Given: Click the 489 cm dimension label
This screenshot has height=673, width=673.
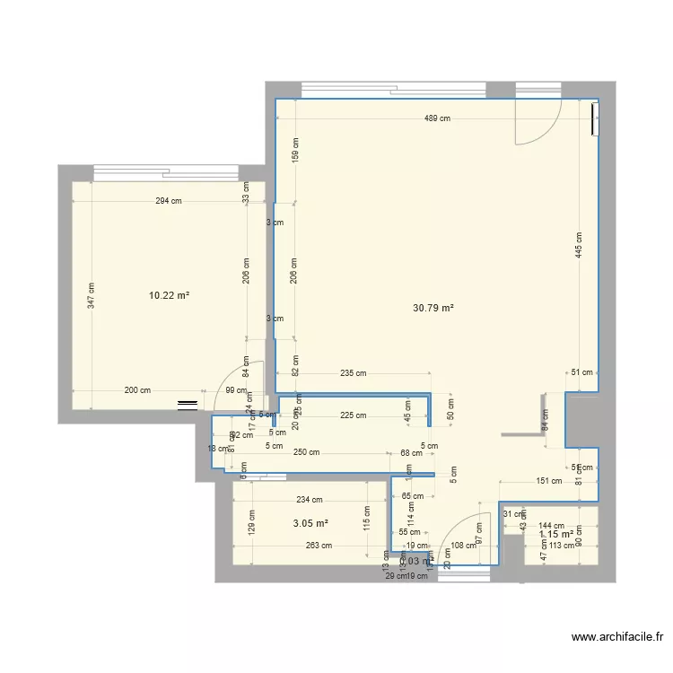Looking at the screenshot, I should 437,118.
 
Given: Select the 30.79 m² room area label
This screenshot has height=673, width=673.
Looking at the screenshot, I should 433,308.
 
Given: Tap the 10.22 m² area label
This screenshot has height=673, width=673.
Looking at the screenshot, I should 169,294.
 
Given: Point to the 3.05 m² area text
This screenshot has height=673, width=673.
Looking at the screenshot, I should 310,523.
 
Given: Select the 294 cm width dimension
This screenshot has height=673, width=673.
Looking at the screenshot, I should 169,201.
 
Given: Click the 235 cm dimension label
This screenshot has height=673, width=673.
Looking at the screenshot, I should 353,373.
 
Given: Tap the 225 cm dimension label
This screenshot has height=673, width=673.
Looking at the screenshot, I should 353,415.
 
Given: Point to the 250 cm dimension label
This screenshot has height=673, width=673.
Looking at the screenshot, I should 306,452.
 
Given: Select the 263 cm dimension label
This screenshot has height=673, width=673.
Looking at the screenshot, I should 318,545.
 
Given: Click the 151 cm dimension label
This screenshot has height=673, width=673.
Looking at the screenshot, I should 548,481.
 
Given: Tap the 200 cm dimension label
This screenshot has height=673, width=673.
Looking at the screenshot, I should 137,390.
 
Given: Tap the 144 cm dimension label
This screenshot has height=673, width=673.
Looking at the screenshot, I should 551,527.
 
